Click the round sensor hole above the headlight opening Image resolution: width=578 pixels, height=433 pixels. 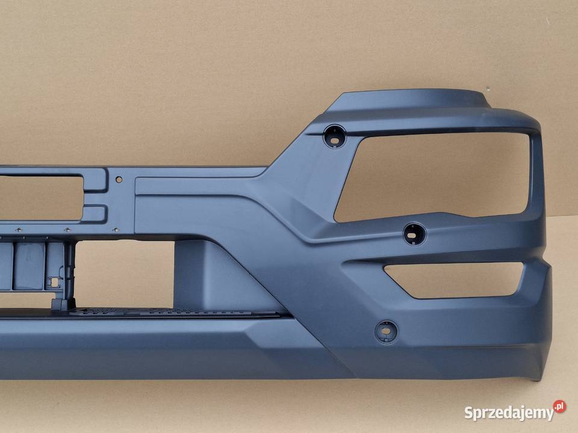point(335,137)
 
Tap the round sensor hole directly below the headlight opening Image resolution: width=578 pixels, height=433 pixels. point(415,233)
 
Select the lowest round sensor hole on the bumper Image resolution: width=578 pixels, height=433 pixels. point(387,331)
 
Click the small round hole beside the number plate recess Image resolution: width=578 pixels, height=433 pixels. point(119,179)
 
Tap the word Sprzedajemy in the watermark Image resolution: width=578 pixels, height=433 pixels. point(509,413)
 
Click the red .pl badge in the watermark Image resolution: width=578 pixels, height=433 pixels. point(559,406)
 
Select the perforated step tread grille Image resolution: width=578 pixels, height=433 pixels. point(173,312)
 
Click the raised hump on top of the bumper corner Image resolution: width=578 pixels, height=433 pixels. point(409,99)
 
